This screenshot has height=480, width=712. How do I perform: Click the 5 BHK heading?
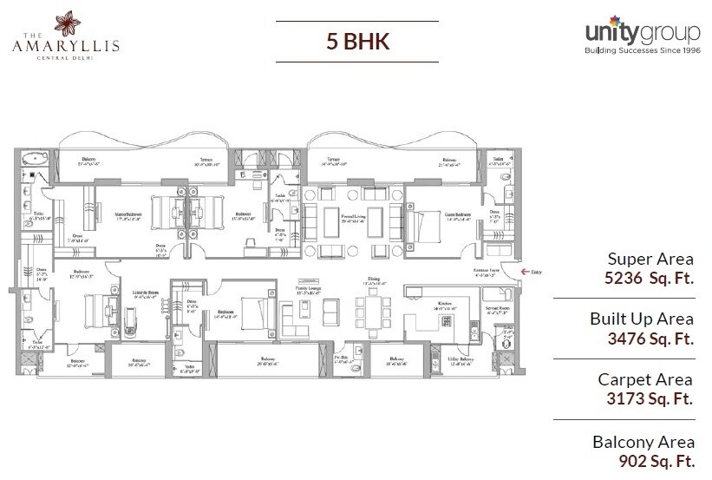coord(356,41)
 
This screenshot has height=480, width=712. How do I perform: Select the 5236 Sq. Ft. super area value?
coord(650,279)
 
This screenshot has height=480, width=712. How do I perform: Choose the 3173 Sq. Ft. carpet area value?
coord(650,400)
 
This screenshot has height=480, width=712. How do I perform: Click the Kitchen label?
coord(443,303)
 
